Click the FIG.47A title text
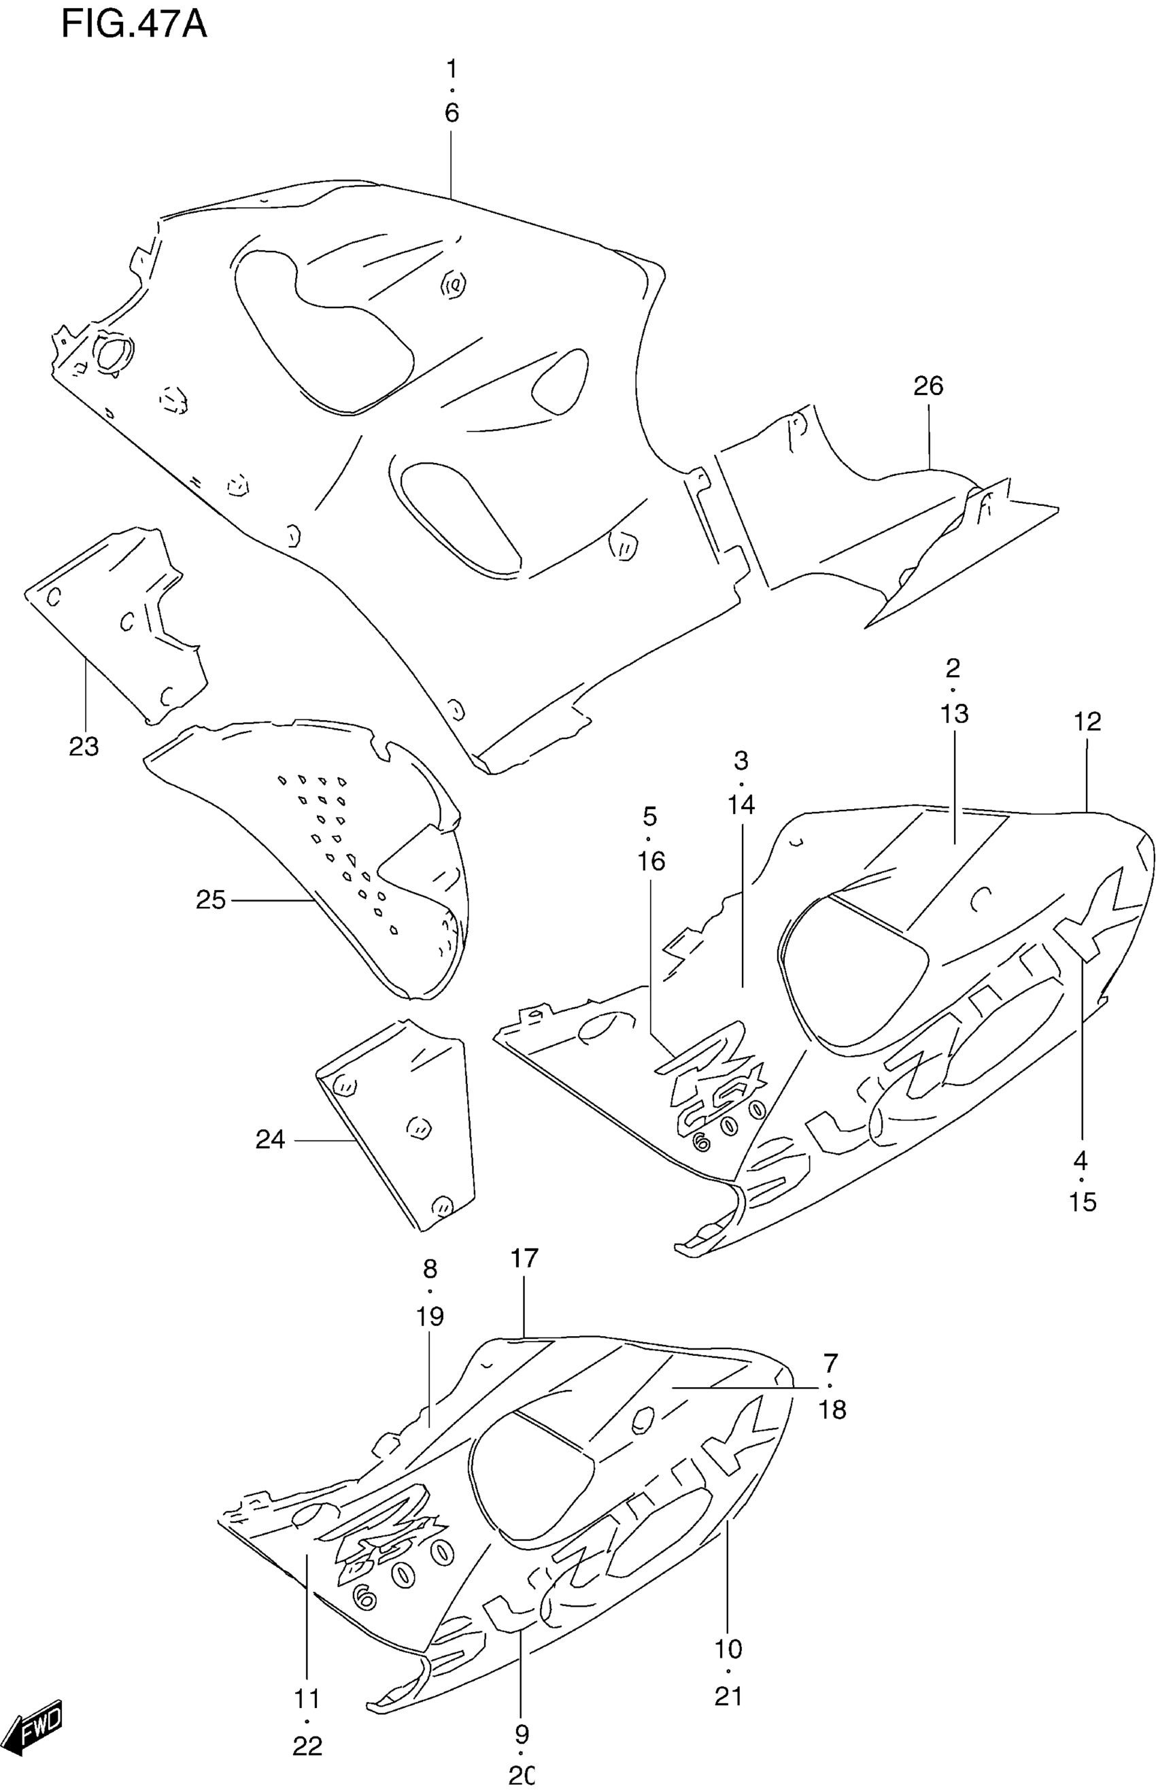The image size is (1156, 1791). click(x=133, y=24)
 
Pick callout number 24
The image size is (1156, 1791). click(x=270, y=1140)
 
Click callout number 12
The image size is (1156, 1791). click(x=1087, y=721)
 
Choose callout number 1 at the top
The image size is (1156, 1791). click(x=451, y=69)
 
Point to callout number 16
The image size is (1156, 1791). click(x=651, y=861)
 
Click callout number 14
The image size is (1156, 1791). click(x=741, y=804)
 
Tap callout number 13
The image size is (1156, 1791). click(x=954, y=713)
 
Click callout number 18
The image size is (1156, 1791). click(x=832, y=1410)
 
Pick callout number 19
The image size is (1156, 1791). click(x=430, y=1316)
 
